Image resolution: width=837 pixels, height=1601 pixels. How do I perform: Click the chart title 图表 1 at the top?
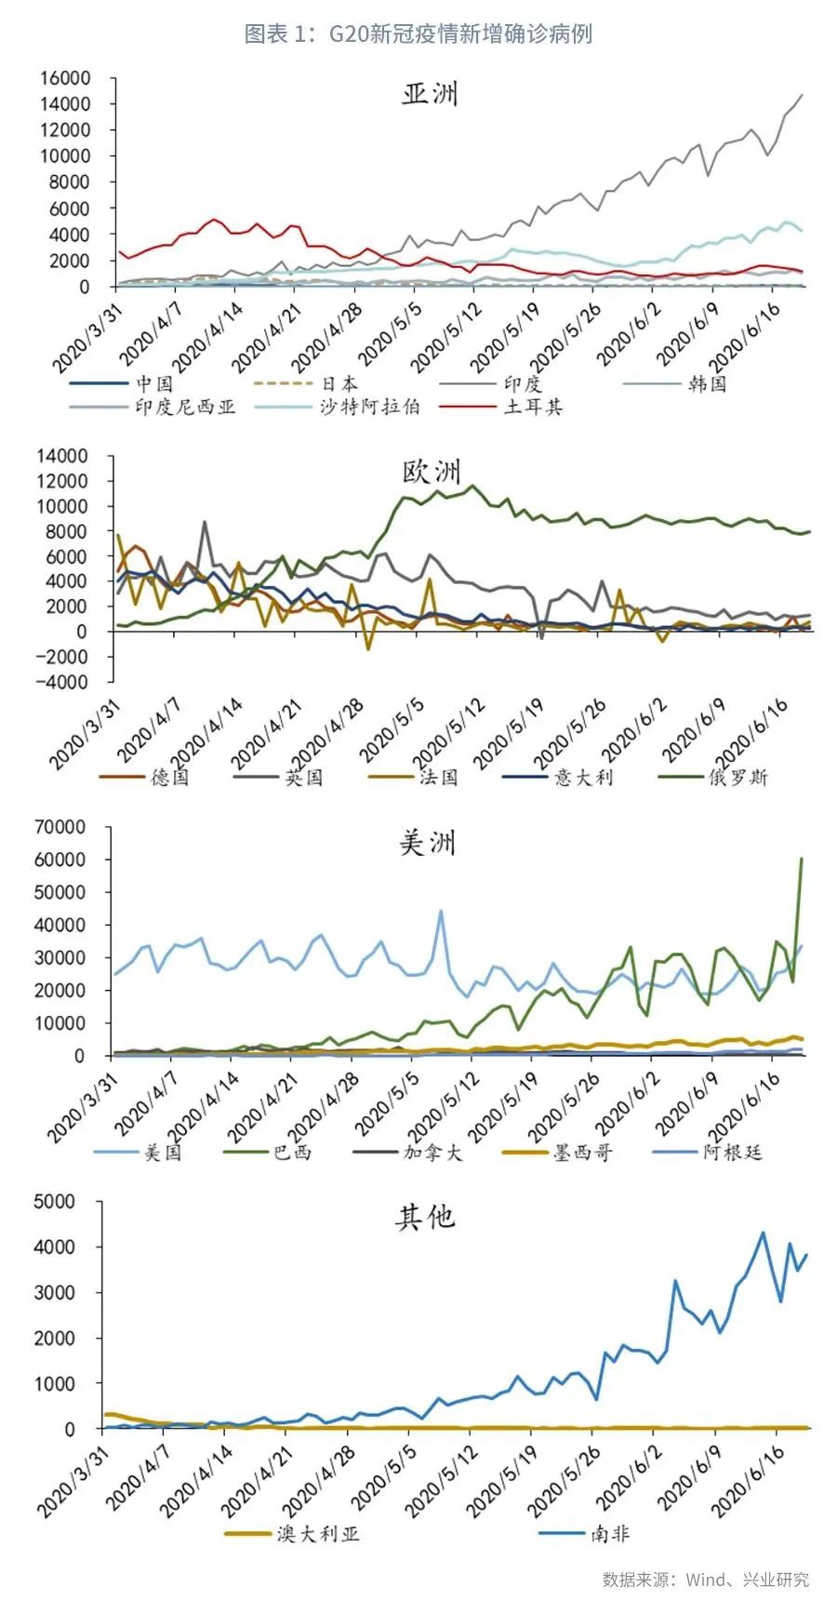pos(418,34)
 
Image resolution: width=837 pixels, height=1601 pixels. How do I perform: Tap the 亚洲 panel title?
pos(429,95)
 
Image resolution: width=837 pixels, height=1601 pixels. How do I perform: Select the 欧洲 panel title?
pos(431,472)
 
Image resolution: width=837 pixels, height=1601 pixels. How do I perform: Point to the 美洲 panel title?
pos(427,843)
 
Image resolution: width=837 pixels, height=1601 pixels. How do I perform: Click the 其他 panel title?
pos(425,1218)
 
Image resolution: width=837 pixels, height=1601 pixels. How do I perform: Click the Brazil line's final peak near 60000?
pos(801,859)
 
